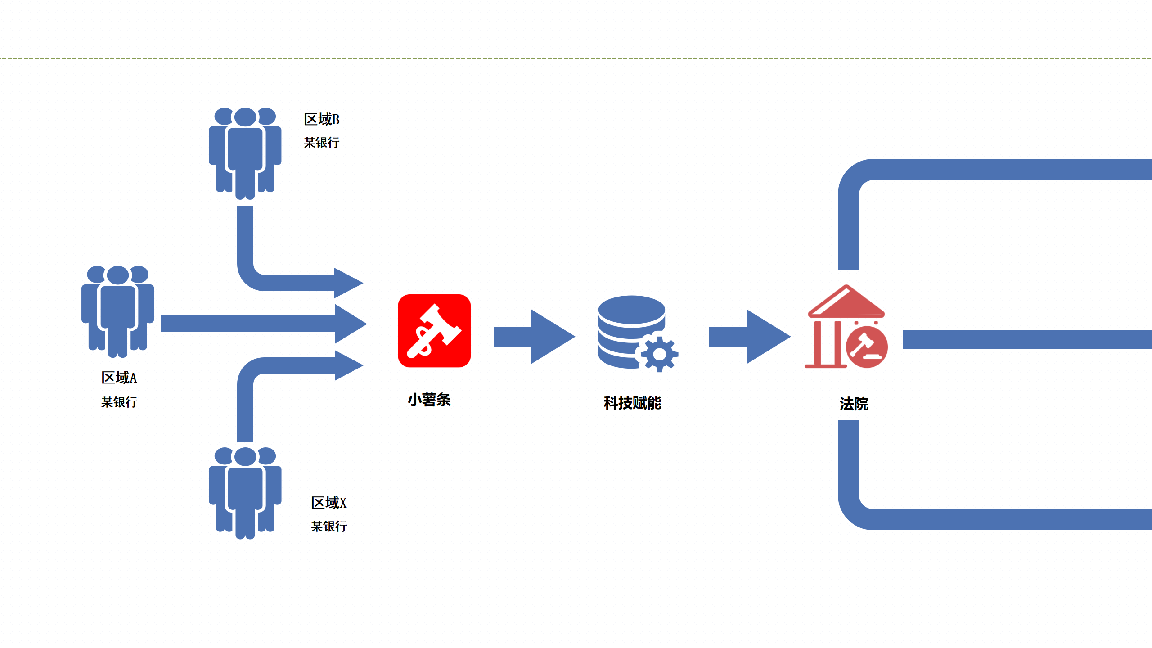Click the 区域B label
coord(321,119)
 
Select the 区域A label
coord(119,378)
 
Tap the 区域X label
coord(328,503)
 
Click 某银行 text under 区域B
coord(321,143)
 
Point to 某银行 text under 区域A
coord(119,402)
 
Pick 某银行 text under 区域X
coord(328,526)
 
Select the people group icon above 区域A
coord(117,310)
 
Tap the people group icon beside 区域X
coord(245,492)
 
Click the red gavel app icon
coord(434,331)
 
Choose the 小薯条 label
coord(429,400)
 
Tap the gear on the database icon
coord(659,354)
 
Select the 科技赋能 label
coord(632,403)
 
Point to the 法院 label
coord(854,404)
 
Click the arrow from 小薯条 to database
coord(534,336)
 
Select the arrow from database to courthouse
coord(749,336)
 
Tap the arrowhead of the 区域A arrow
coord(350,324)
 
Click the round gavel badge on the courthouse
coord(867,347)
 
